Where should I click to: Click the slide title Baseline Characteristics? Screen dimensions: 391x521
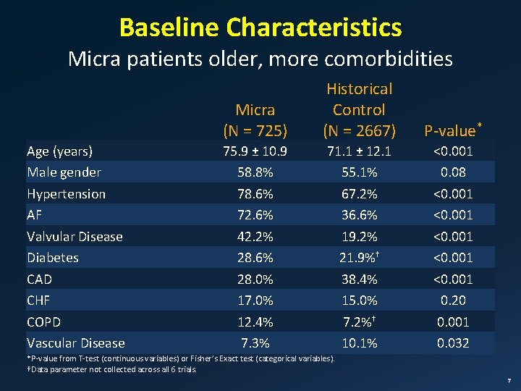[x=260, y=28]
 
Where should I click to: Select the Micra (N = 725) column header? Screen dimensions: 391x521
[x=255, y=120]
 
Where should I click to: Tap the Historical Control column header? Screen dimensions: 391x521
[x=359, y=109]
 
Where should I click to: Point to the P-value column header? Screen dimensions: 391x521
[x=452, y=130]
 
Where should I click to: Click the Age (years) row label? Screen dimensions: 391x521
[x=59, y=151]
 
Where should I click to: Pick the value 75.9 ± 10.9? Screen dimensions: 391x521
[x=255, y=151]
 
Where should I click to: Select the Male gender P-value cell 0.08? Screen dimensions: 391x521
[x=453, y=172]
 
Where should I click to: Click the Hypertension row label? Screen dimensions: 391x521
[x=66, y=194]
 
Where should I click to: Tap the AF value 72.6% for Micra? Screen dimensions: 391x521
[x=255, y=215]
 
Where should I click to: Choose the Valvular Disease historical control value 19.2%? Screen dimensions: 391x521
[x=359, y=236]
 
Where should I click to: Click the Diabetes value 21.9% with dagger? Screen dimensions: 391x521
[x=359, y=258]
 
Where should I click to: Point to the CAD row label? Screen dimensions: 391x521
[x=40, y=279]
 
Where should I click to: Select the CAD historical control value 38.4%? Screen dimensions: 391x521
[x=359, y=279]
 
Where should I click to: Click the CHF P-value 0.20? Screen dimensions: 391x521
[x=453, y=300]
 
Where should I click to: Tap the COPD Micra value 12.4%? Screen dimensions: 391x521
[x=255, y=321]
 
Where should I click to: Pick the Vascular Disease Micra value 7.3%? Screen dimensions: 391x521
[x=255, y=343]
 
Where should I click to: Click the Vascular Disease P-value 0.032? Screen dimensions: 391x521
[x=453, y=343]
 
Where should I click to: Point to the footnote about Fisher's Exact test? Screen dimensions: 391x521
[x=181, y=359]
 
